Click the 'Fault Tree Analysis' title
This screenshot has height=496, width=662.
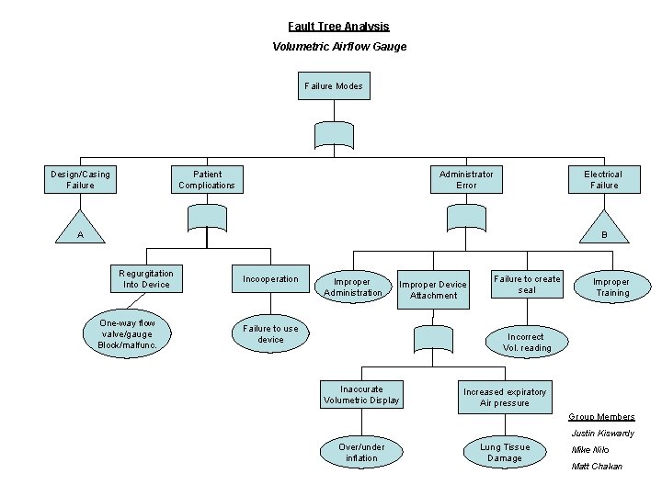[338, 27]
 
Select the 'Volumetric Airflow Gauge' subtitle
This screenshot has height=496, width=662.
[339, 46]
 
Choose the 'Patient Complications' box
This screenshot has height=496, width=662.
[207, 179]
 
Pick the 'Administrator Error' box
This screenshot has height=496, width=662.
[466, 179]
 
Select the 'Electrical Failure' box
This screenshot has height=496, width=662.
[603, 179]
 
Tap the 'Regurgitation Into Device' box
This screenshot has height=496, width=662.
[145, 279]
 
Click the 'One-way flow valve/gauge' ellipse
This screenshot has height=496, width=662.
[127, 334]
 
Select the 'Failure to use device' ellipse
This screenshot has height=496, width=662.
[270, 334]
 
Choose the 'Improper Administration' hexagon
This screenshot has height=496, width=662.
[352, 287]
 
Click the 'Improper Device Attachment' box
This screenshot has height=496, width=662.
[433, 289]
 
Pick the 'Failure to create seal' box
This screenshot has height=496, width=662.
[527, 285]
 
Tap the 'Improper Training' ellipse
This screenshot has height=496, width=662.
[611, 287]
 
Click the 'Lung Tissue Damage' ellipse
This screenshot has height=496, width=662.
[505, 452]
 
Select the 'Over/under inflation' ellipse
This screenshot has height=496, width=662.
[361, 452]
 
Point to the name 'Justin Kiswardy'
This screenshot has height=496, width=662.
[602, 434]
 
